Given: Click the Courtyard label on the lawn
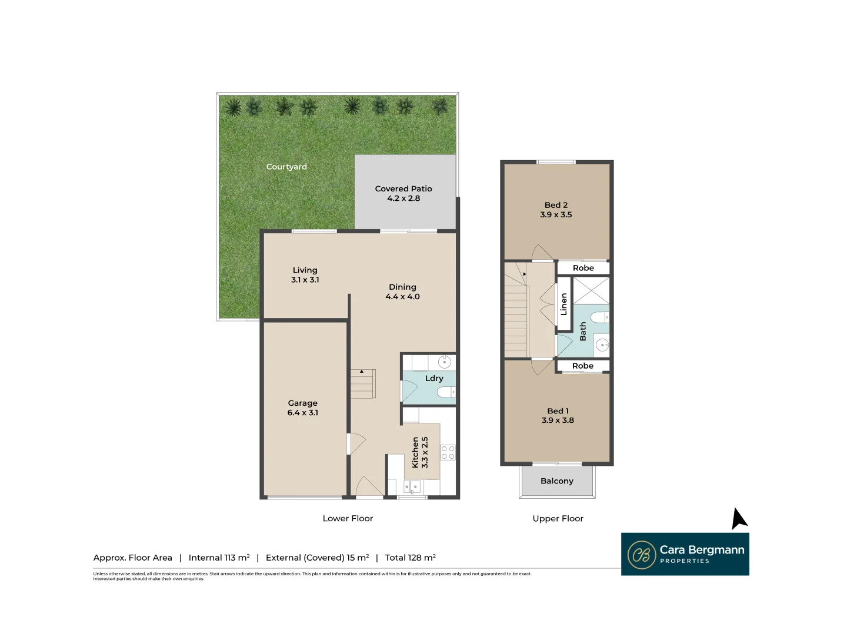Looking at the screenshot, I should pyautogui.click(x=286, y=167).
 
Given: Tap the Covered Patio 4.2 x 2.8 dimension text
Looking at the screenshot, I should pyautogui.click(x=404, y=198).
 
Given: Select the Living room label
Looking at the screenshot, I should pyautogui.click(x=305, y=274).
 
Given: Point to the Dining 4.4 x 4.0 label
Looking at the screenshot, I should pyautogui.click(x=402, y=291).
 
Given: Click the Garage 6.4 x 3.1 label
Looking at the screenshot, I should pyautogui.click(x=302, y=408).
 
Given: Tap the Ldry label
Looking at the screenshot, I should pyautogui.click(x=434, y=378).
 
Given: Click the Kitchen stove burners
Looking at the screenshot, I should pyautogui.click(x=448, y=452).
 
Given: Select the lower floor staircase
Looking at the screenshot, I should pyautogui.click(x=362, y=384).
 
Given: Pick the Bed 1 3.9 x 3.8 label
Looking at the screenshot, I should pyautogui.click(x=558, y=416).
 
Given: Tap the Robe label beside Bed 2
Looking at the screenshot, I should pyautogui.click(x=583, y=268).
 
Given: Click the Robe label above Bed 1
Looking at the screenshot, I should pyautogui.click(x=582, y=366).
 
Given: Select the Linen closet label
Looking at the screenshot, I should pyautogui.click(x=563, y=304).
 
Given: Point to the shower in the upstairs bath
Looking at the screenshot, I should pyautogui.click(x=591, y=290).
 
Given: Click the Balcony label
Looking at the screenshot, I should pyautogui.click(x=556, y=481).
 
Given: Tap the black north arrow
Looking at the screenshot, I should pyautogui.click(x=738, y=519).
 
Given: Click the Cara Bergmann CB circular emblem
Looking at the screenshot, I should pyautogui.click(x=641, y=555).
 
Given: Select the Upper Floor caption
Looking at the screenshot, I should pyautogui.click(x=558, y=518).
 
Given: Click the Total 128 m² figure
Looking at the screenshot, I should pyautogui.click(x=410, y=558).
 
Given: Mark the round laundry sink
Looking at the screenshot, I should pyautogui.click(x=445, y=361).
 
